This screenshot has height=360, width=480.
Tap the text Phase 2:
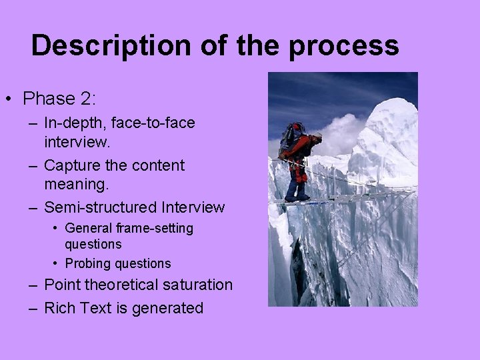[59, 99]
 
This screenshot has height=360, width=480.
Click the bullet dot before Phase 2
[9, 99]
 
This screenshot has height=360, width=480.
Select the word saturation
[196, 285]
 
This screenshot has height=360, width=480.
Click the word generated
[171, 308]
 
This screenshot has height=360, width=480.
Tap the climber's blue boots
[295, 193]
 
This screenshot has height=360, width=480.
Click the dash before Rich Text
[33, 308]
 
